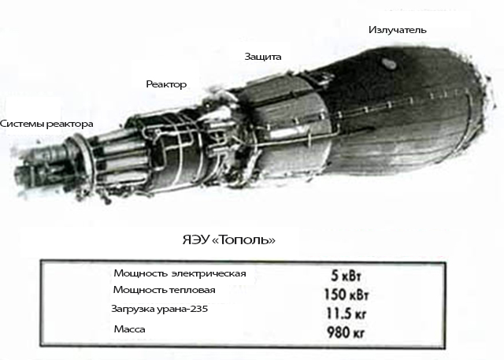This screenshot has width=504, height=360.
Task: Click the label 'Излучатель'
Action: click(398, 30)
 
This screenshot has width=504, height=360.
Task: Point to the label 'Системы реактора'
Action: click(46, 124)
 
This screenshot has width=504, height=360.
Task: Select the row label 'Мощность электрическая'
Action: click(180, 273)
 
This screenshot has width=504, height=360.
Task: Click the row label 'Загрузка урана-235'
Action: click(165, 310)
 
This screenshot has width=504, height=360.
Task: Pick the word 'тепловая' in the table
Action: click(192, 291)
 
